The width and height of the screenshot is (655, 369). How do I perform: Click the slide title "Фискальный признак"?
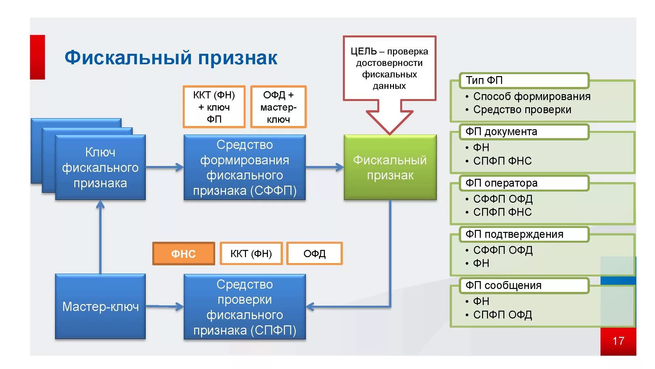click(x=171, y=58)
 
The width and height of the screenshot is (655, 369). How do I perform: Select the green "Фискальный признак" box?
click(x=390, y=167)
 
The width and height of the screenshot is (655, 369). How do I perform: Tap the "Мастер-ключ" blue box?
click(x=100, y=306)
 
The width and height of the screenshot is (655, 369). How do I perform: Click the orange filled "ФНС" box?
click(x=183, y=254)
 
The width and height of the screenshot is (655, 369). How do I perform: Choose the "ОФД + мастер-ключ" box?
click(x=278, y=107)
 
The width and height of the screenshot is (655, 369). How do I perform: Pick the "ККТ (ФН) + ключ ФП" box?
click(x=214, y=107)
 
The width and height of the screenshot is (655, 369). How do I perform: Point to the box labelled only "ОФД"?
click(x=314, y=254)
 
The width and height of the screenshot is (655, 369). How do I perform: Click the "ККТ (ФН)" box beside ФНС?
click(x=251, y=254)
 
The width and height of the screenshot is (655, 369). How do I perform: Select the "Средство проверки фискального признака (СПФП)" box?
click(x=245, y=307)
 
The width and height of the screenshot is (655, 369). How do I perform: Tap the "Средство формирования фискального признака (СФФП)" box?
click(x=245, y=167)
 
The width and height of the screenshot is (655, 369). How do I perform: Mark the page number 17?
click(x=618, y=341)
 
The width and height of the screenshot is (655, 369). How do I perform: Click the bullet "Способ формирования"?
click(x=532, y=96)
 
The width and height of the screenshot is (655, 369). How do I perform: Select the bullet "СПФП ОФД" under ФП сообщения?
click(x=502, y=315)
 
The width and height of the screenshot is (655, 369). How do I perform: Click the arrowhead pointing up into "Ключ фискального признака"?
click(x=100, y=205)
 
